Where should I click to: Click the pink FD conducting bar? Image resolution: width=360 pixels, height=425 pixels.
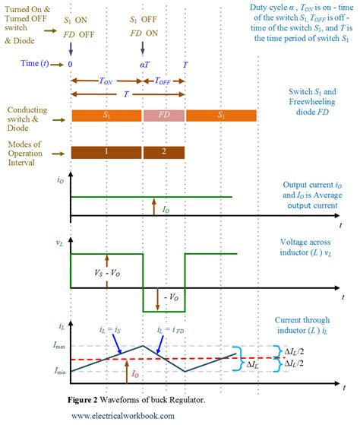point(163,116)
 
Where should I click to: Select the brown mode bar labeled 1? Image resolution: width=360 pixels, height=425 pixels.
point(106,152)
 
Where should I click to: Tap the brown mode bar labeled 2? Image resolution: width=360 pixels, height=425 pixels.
point(163,152)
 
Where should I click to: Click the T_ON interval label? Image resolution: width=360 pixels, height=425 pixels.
point(106,80)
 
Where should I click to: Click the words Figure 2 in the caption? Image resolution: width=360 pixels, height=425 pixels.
point(90,399)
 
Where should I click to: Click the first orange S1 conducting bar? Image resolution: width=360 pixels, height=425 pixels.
point(106,116)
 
